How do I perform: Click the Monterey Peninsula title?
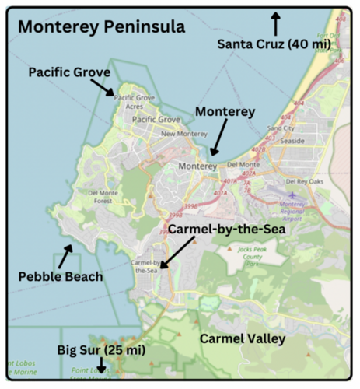[x=101, y=27]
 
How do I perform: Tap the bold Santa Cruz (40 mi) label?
[x=274, y=44]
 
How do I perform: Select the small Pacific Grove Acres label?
[x=136, y=102]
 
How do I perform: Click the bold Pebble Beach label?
[x=61, y=276]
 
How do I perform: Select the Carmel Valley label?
[x=243, y=339]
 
